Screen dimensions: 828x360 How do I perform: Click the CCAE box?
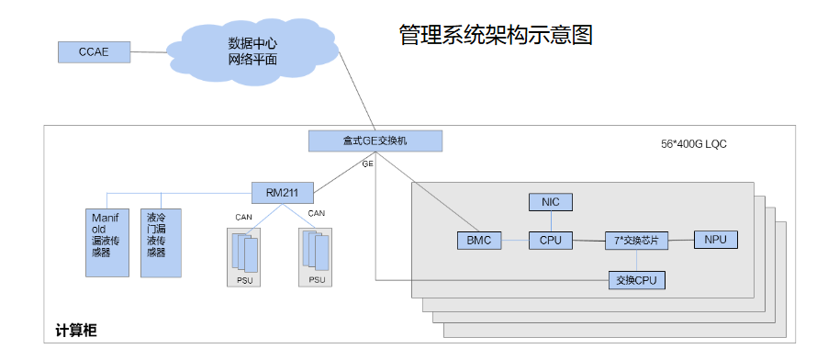pyautogui.click(x=94, y=52)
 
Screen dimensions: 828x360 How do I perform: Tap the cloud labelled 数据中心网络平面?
pyautogui.click(x=253, y=51)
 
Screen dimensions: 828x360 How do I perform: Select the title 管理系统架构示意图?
pyautogui.click(x=496, y=35)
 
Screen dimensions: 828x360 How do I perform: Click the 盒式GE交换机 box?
pyautogui.click(x=375, y=141)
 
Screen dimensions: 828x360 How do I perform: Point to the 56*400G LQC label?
pyautogui.click(x=694, y=144)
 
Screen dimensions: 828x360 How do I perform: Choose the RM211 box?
pyautogui.click(x=283, y=193)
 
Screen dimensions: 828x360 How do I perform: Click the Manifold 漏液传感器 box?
pyautogui.click(x=107, y=242)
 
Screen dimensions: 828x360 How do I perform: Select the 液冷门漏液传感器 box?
pyautogui.click(x=161, y=242)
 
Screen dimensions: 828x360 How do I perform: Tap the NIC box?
pyautogui.click(x=551, y=202)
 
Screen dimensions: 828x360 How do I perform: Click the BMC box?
pyautogui.click(x=479, y=241)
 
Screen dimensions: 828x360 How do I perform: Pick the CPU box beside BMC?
pyautogui.click(x=551, y=241)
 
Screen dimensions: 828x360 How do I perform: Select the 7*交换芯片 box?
pyautogui.click(x=636, y=241)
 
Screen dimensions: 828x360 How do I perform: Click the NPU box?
pyautogui.click(x=715, y=240)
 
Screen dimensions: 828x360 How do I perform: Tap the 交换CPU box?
pyautogui.click(x=636, y=280)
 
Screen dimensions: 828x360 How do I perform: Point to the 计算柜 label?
pyautogui.click(x=76, y=331)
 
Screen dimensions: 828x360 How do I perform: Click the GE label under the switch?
pyautogui.click(x=367, y=163)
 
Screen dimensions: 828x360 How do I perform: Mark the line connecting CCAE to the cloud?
pyautogui.click(x=149, y=52)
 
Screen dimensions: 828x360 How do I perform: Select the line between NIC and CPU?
pyautogui.click(x=551, y=221)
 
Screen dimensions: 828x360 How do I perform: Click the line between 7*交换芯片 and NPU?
pyautogui.click(x=681, y=241)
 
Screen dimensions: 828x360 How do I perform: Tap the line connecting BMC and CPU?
pyautogui.click(x=515, y=241)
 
